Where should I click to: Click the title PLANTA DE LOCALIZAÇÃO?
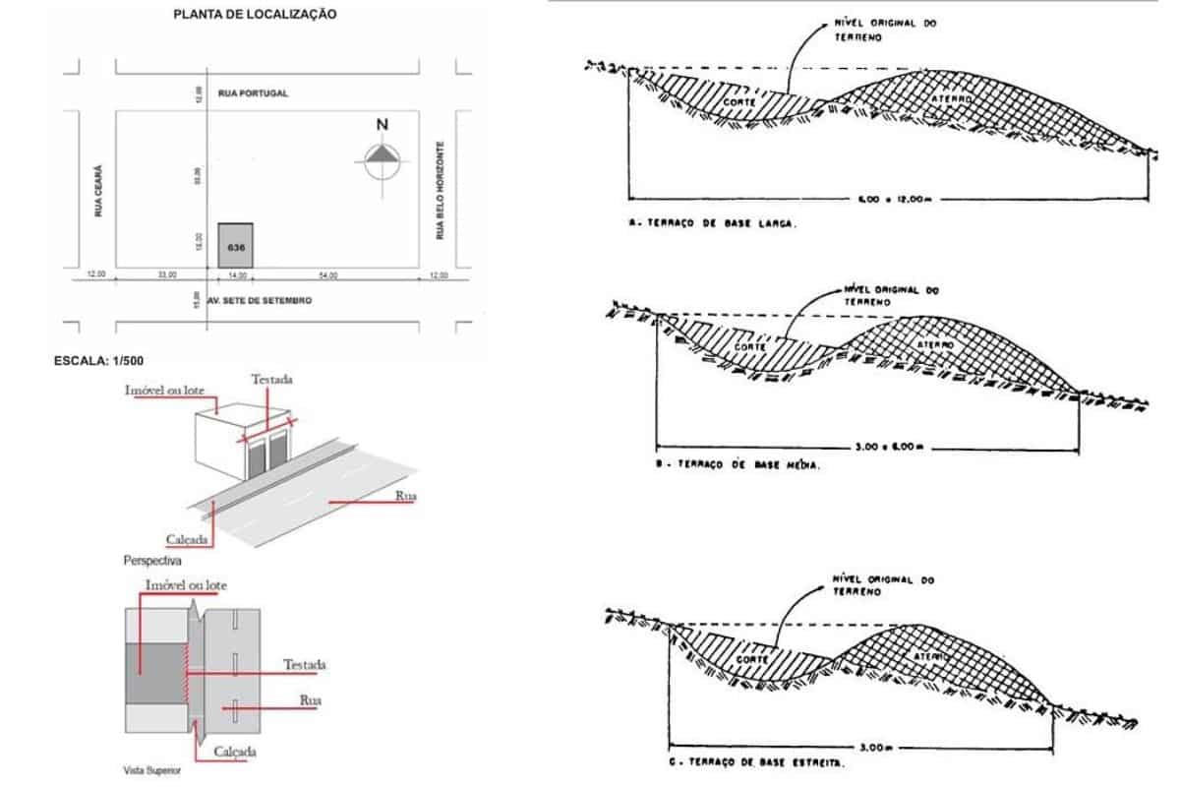[x=255, y=15]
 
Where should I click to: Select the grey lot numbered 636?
[x=235, y=245]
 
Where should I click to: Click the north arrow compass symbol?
[x=383, y=158]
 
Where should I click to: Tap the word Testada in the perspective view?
[x=271, y=379]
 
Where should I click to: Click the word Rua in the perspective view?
[x=405, y=496]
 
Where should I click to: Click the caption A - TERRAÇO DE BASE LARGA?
[x=713, y=223]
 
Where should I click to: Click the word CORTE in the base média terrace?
[x=749, y=348]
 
